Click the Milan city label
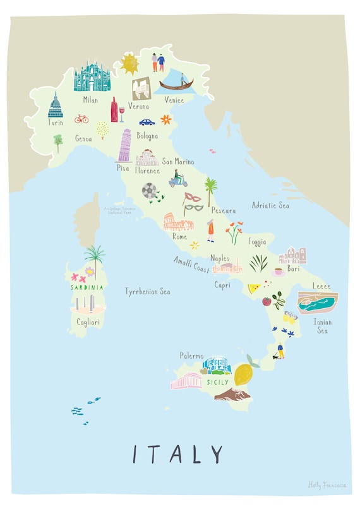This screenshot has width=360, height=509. pos(90,99)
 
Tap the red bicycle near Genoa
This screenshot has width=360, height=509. pos(81,118)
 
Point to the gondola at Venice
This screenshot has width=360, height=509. pos(177,84)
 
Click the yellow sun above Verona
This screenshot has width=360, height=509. pos(130,63)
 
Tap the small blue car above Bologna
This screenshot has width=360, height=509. pos(147,122)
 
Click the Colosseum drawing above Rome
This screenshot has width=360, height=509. pos(178,222)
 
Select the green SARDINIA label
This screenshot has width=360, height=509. pos(87,287)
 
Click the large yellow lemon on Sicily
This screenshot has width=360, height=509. pos(243,374)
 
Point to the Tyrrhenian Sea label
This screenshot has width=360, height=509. pos(147,292)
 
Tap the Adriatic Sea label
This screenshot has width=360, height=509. pos(270,205)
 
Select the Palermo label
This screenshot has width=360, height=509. pos(192,356)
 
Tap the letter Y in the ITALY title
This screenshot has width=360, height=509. pos(216,454)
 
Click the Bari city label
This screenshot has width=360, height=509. pos(293,268)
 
